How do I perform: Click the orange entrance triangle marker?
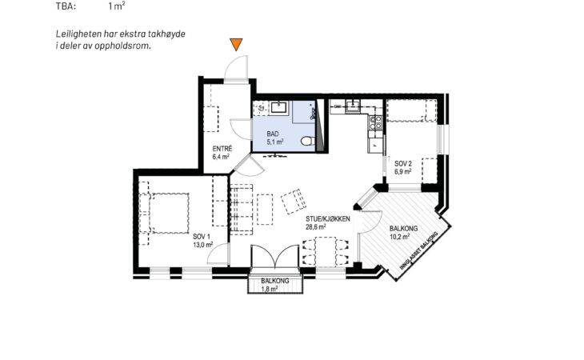[236, 43]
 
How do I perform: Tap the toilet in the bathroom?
[307, 141]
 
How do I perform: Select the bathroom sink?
[278, 107]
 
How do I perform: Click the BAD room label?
[273, 134]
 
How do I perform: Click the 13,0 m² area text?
[203, 244]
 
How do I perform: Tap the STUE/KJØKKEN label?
[328, 219]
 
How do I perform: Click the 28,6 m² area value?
[316, 226]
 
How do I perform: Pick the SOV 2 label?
[403, 163]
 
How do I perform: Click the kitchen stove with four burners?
[375, 122]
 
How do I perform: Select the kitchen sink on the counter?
[352, 106]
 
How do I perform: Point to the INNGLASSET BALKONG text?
[418, 250]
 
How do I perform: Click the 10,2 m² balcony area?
[400, 236]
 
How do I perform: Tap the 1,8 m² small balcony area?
[270, 289]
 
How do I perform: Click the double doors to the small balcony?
[275, 256]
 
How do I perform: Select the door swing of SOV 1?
[218, 254]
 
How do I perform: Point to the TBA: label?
[66, 6]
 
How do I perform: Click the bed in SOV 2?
[411, 110]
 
